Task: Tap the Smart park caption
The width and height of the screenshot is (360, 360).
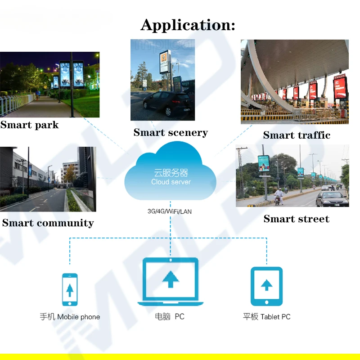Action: tap(30, 125)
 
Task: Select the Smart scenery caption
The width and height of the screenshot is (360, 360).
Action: tap(171, 132)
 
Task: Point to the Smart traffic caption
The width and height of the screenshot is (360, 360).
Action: tap(297, 135)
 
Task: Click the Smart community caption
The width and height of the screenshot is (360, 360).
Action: tap(48, 223)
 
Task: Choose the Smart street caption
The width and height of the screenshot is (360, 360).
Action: tap(296, 219)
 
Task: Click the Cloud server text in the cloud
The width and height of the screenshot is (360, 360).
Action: tap(171, 182)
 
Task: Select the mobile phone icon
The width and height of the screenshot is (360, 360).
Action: tap(70, 290)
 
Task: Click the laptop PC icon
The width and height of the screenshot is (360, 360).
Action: tap(170, 282)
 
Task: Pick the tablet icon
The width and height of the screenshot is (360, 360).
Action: tap(266, 286)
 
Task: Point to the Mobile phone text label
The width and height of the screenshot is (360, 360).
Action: tap(78, 317)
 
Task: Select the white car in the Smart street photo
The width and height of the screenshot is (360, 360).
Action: tap(332, 198)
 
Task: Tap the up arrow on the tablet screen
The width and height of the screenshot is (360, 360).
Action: tap(266, 284)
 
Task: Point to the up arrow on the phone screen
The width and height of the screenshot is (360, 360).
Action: tap(70, 289)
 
